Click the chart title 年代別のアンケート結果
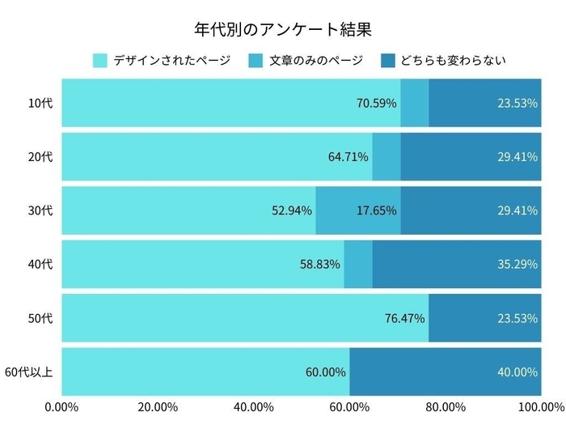coord(283,31)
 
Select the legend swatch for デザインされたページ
coord(100,61)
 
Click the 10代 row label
coord(40,103)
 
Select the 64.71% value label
coord(348,156)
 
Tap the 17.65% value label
coord(376,210)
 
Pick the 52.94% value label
coord(291,210)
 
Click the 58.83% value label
coord(319,264)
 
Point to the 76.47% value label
coord(404,318)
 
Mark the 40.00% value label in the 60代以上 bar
coord(517,372)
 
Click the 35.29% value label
coord(517,264)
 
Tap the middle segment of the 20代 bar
coord(386,156)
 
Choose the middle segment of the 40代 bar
coord(358,264)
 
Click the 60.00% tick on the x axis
coord(349,406)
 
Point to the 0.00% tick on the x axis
coord(61,406)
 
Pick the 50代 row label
coord(40,318)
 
